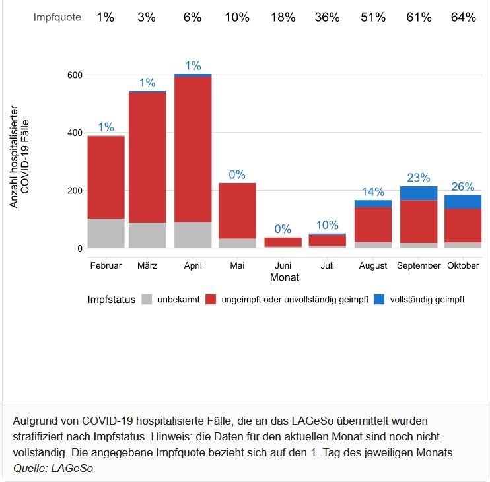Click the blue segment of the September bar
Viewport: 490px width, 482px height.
(419, 193)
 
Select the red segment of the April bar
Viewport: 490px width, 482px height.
(193, 149)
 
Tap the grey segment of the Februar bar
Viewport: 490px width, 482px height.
(106, 233)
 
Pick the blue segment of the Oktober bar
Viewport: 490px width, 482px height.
(463, 201)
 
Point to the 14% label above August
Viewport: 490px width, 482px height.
(373, 192)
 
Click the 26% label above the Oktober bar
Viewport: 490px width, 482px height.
(463, 187)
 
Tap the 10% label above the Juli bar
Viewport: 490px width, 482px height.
(328, 225)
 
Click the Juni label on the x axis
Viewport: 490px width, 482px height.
(283, 265)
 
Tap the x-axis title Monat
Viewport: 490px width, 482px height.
(284, 278)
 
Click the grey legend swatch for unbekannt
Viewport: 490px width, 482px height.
(147, 300)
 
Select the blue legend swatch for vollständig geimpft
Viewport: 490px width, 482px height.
(379, 300)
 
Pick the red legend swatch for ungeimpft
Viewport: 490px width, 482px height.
(211, 300)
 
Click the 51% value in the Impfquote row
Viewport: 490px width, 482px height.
(372, 18)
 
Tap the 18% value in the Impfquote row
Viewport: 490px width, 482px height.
(283, 18)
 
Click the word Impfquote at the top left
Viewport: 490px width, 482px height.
(57, 18)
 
